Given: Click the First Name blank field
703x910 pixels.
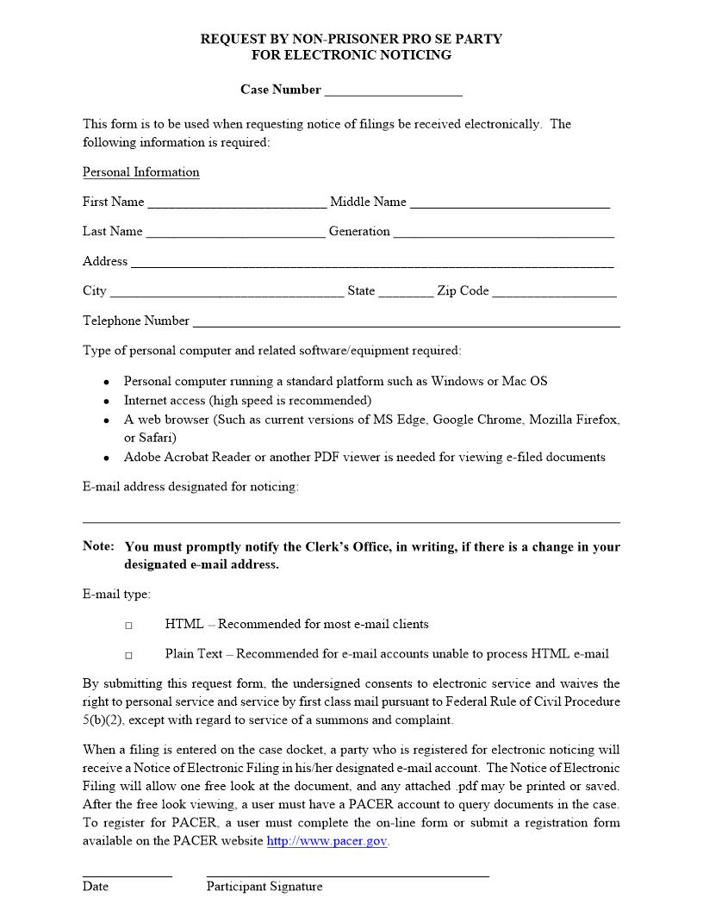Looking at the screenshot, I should click(x=237, y=203).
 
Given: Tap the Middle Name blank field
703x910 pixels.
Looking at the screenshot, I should click(x=510, y=203).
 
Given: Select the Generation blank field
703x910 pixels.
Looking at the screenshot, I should click(x=504, y=233).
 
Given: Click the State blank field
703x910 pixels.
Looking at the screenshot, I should click(x=406, y=292).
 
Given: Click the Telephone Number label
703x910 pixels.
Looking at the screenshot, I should click(x=135, y=321).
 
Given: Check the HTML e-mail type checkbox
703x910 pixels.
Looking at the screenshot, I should click(x=128, y=626).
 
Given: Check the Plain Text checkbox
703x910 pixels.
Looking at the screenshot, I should click(x=128, y=656).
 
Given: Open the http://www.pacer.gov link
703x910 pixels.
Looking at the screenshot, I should click(x=327, y=841).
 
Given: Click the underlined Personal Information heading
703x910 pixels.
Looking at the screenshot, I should click(x=140, y=172).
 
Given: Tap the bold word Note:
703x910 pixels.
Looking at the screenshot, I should click(x=98, y=546).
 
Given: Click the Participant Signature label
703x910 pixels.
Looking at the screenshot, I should click(x=264, y=887).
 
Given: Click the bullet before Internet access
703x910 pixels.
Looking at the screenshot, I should click(x=105, y=402).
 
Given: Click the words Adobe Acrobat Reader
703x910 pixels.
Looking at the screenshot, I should click(x=178, y=458).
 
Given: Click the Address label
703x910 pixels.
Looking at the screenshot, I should click(x=104, y=261).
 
